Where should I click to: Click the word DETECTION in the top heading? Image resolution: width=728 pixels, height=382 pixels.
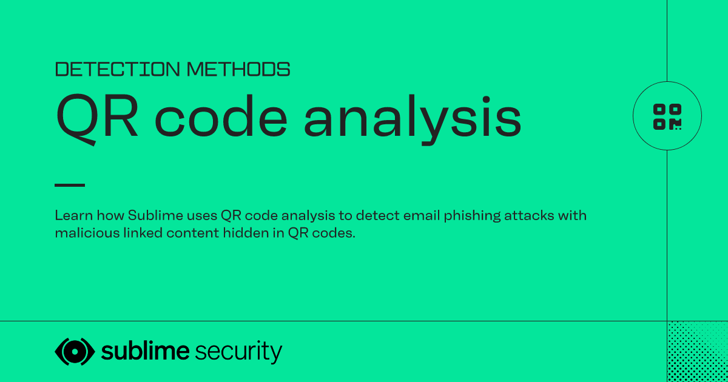[x=117, y=69]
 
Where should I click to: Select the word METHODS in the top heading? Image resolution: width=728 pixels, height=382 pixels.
[x=238, y=69]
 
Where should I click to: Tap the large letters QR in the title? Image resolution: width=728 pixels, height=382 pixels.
[x=96, y=119]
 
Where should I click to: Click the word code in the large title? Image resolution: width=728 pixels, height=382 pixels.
[x=221, y=116]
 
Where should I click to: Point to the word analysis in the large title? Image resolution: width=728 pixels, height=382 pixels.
[x=413, y=119]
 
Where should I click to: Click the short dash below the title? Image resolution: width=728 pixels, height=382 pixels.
[x=70, y=185]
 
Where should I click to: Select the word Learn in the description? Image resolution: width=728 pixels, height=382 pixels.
[x=74, y=215]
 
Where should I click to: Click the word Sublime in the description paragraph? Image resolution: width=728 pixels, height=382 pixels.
[x=155, y=215]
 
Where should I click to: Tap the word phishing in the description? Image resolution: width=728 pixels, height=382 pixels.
[x=472, y=216]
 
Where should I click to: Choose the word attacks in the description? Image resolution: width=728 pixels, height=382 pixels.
[x=529, y=216]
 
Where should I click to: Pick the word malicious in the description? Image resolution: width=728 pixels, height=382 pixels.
[x=87, y=233]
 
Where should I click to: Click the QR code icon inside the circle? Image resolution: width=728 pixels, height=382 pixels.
[x=667, y=117]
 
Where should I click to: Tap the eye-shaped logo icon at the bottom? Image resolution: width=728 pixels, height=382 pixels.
[x=75, y=352]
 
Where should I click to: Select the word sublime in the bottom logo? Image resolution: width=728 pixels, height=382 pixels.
[x=145, y=351]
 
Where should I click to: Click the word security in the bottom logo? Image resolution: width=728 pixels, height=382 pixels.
[x=238, y=352]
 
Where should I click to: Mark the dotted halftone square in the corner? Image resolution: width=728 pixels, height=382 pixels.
[x=698, y=352]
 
